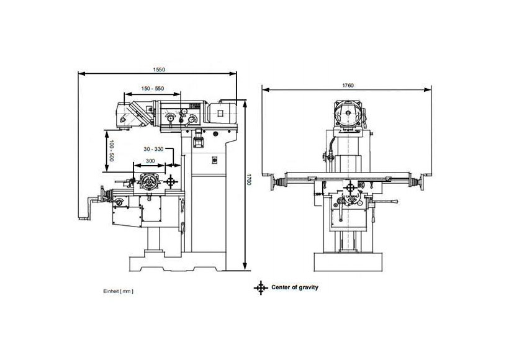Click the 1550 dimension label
[159, 69]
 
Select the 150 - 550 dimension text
[153, 88]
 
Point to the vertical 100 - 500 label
[111, 151]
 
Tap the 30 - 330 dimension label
[153, 149]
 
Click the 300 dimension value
[150, 160]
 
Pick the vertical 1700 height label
[249, 179]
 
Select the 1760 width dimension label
[348, 86]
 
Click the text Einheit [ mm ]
[118, 291]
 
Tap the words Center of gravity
[295, 287]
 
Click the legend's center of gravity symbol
[260, 287]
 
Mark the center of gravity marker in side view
[171, 181]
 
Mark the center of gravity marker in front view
[350, 187]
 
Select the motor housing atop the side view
[222, 113]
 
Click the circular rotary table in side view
[149, 181]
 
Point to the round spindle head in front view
[348, 113]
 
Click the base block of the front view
[348, 262]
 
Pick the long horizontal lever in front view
[385, 202]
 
